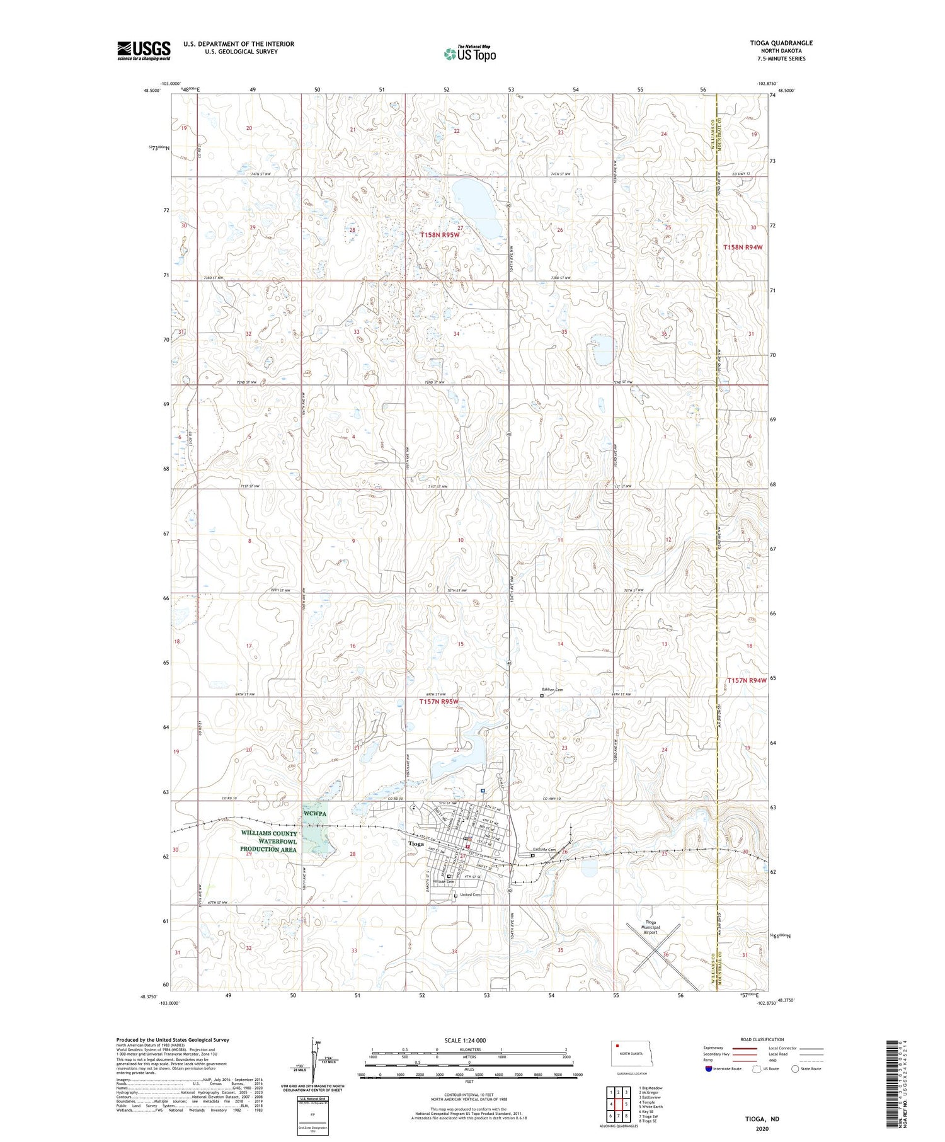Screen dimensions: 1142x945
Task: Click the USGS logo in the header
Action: point(144,50)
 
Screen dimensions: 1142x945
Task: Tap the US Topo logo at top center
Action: point(470,54)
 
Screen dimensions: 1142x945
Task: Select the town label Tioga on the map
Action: point(416,843)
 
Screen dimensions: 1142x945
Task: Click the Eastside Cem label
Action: point(544,850)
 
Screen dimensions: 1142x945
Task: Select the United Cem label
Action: point(470,894)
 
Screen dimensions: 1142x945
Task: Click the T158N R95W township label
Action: point(440,235)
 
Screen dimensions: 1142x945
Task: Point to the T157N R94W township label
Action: point(747,680)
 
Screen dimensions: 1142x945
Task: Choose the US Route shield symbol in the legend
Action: point(757,1068)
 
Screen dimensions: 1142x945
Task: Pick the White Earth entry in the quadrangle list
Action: point(651,1106)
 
